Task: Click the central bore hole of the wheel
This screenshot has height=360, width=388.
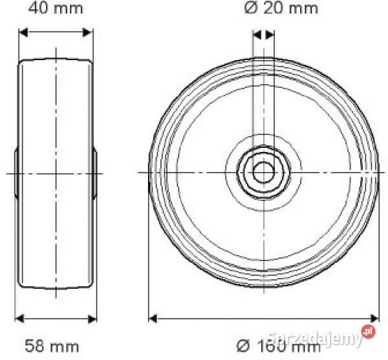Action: click(x=263, y=173)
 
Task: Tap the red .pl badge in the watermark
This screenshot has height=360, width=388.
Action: click(x=368, y=332)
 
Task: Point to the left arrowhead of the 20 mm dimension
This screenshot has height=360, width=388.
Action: click(x=256, y=34)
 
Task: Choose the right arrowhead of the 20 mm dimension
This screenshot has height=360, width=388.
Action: click(x=270, y=34)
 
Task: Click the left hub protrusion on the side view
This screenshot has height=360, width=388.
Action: click(x=16, y=173)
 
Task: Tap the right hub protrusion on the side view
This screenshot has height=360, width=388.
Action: click(x=95, y=173)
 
